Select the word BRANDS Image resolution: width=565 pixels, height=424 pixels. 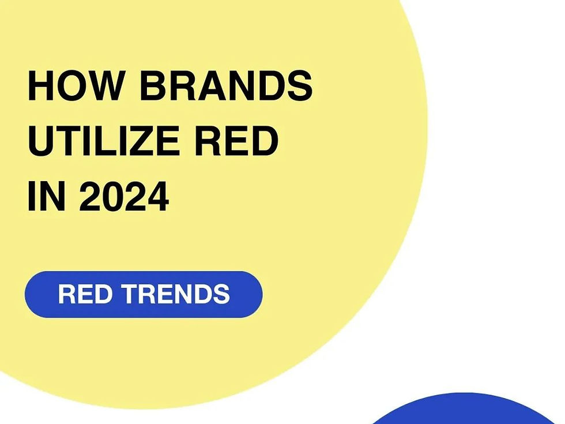click(226, 87)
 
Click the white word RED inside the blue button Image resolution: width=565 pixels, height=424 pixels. click(86, 294)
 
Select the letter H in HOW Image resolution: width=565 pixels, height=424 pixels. click(40, 87)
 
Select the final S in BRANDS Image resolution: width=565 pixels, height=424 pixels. click(299, 87)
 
